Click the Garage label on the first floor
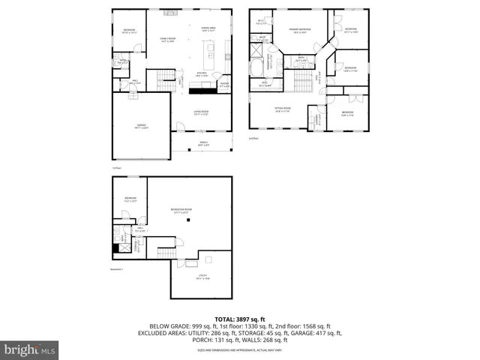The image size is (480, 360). tap(141, 126)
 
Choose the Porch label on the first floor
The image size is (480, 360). tap(202, 142)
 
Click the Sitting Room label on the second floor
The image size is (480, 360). tap(283, 110)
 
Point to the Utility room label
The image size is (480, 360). tap(202, 277)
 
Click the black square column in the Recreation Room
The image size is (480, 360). tap(190, 220)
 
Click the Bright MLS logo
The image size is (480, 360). tap(29, 349)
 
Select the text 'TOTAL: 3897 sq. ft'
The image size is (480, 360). tap(239, 319)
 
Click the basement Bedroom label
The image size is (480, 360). tap(130, 200)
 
